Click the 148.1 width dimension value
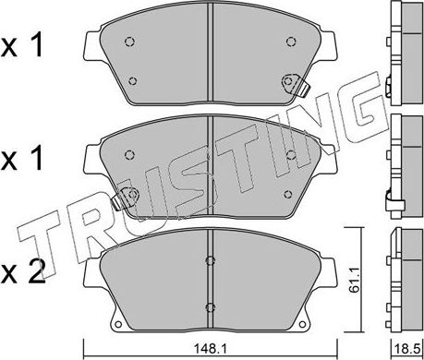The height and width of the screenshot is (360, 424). pyautogui.click(x=211, y=349)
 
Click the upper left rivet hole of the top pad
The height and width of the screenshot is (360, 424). pyautogui.click(x=129, y=42)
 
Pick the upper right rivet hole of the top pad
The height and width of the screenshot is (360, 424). pyautogui.click(x=291, y=42)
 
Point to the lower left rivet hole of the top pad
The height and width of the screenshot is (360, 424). pyautogui.click(x=133, y=81)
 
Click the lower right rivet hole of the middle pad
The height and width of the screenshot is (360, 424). pyautogui.click(x=288, y=194)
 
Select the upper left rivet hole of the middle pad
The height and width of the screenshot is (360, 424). pyautogui.click(x=129, y=154)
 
